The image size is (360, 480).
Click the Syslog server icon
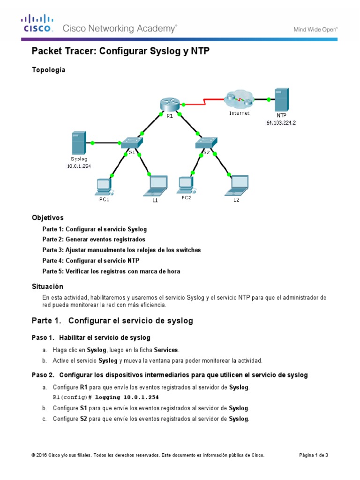point(79,143)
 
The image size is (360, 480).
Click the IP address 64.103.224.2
point(281,123)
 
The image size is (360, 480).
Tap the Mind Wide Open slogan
point(315,29)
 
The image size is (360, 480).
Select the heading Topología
point(48,70)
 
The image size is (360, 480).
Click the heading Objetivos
point(47,218)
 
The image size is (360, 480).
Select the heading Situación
point(47,286)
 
